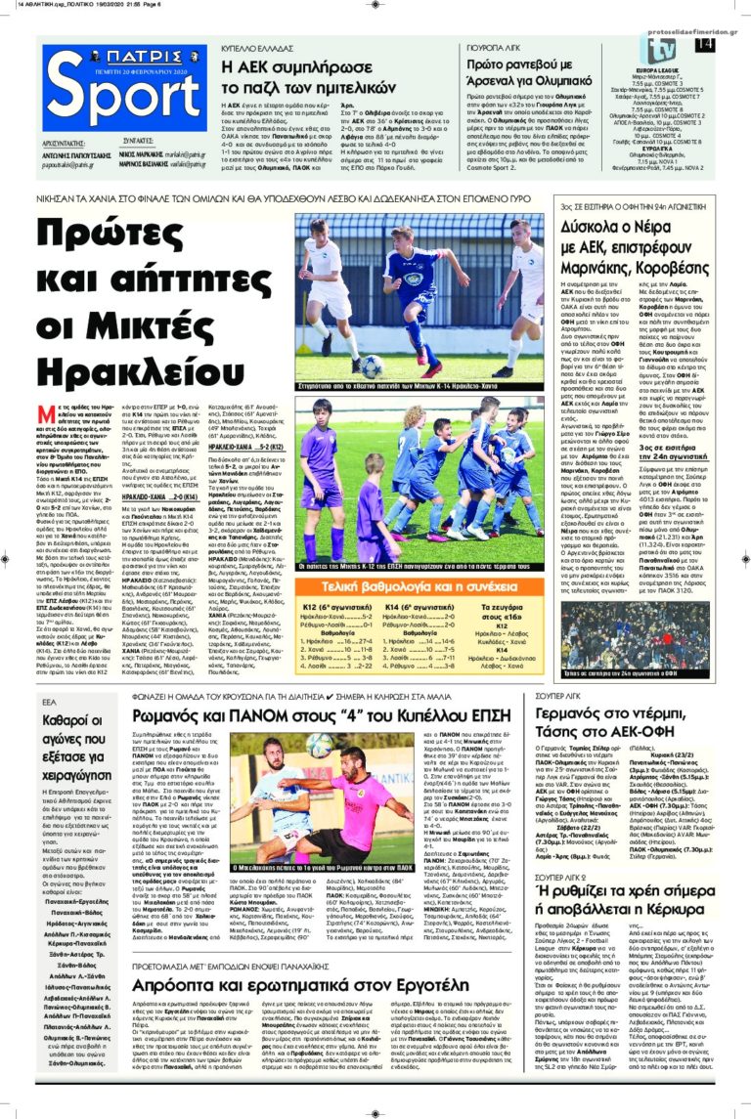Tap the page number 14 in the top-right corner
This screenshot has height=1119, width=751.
click(x=703, y=45)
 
